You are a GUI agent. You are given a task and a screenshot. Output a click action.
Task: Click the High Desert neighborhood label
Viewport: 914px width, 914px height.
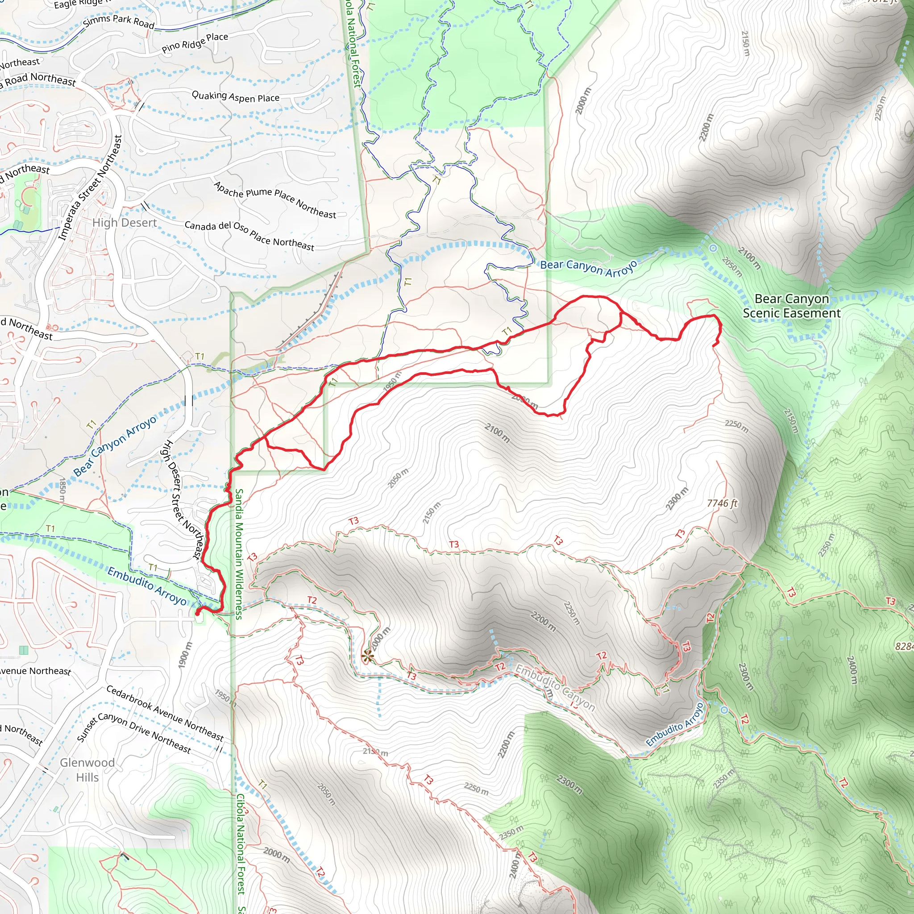pyautogui.click(x=125, y=223)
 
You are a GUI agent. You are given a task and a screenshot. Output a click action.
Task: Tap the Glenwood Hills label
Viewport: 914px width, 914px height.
pyautogui.click(x=87, y=770)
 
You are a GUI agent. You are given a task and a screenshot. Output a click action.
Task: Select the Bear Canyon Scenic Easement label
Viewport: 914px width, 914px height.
pyautogui.click(x=791, y=306)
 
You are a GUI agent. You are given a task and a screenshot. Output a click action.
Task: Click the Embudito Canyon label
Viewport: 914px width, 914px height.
pyautogui.click(x=554, y=687)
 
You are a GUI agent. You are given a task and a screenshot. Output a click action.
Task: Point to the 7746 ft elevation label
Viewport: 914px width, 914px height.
pyautogui.click(x=722, y=503)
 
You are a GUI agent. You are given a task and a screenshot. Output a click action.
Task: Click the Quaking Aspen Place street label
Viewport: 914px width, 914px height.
pyautogui.click(x=235, y=96)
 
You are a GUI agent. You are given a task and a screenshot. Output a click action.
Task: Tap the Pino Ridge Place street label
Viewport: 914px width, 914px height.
pyautogui.click(x=195, y=42)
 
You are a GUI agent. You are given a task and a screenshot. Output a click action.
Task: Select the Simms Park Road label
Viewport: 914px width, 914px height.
pyautogui.click(x=119, y=21)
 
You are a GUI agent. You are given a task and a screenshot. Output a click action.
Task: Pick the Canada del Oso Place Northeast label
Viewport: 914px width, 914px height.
pyautogui.click(x=249, y=236)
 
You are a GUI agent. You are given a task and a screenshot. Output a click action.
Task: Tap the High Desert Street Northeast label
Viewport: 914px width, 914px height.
pyautogui.click(x=183, y=499)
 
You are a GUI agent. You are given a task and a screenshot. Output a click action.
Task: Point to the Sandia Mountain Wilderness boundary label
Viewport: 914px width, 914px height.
pyautogui.click(x=239, y=554)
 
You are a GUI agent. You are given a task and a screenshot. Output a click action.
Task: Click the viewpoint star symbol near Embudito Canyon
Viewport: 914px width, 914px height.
pyautogui.click(x=367, y=656)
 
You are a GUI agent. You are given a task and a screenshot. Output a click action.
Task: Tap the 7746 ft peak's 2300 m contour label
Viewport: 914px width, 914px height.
pyautogui.click(x=677, y=499)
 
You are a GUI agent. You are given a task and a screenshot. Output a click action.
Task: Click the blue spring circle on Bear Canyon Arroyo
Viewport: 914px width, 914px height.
pyautogui.click(x=713, y=248)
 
